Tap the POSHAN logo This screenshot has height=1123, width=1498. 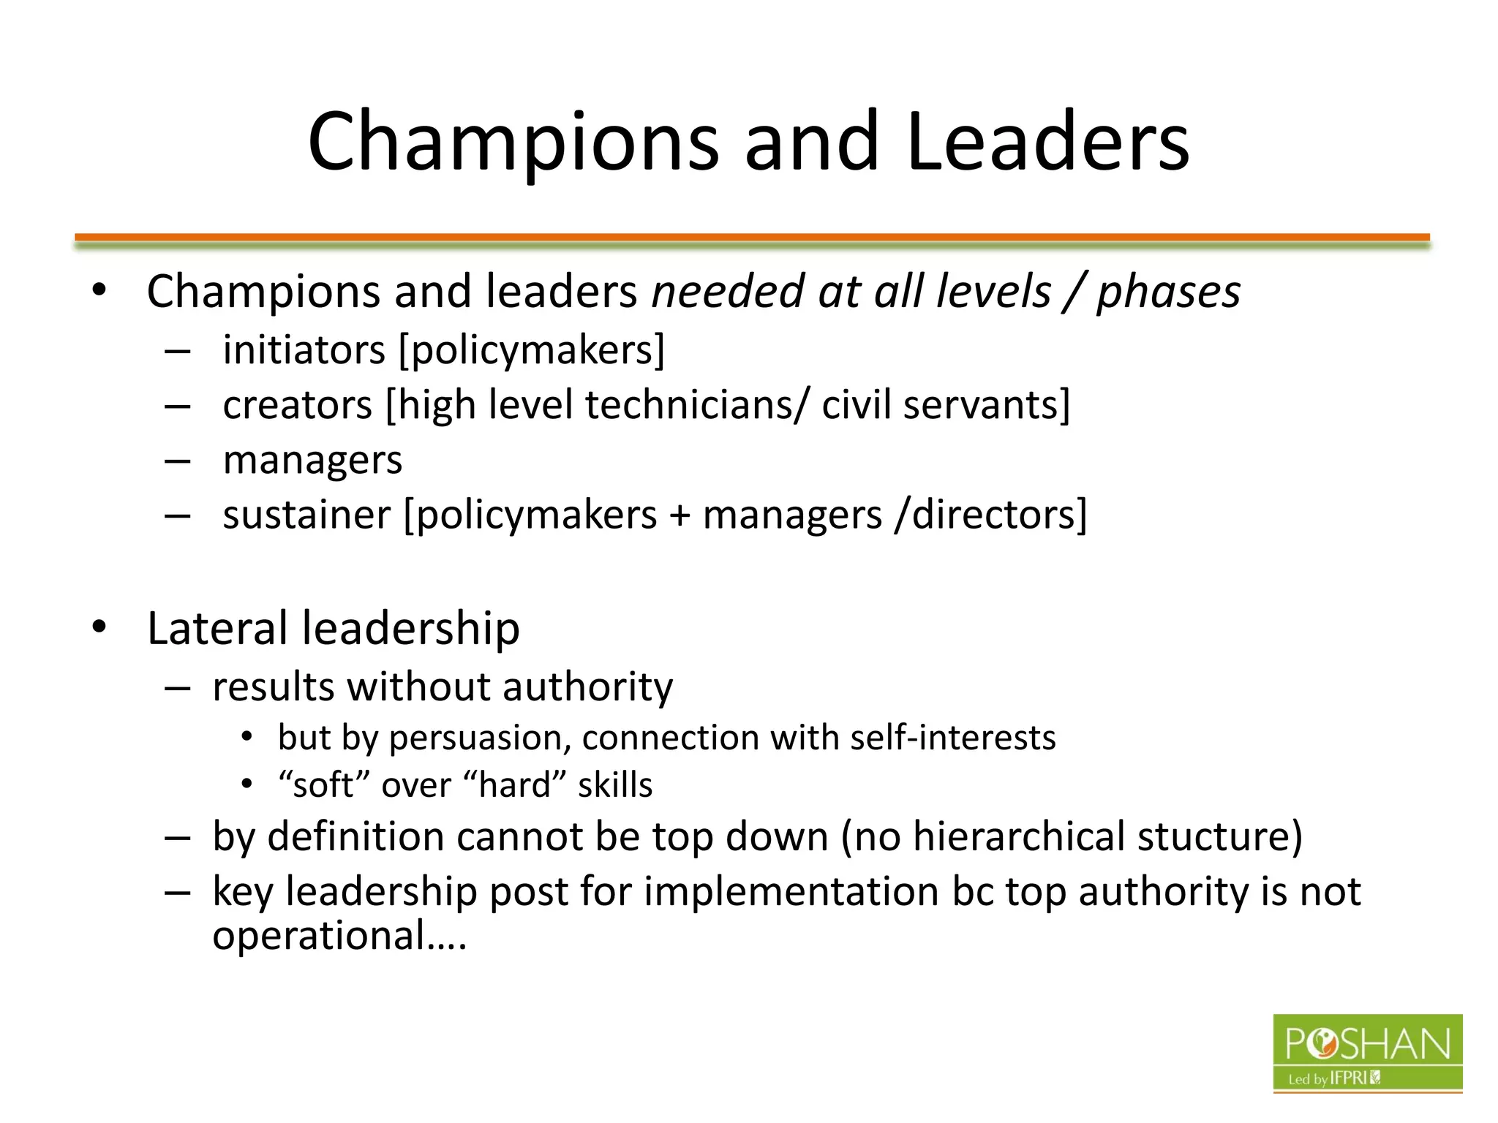[1367, 1053]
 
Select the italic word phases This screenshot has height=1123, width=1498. [1168, 292]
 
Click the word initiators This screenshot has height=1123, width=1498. [304, 349]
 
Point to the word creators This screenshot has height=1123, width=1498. [298, 405]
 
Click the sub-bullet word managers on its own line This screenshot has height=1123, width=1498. [312, 461]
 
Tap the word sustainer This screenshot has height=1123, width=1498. [306, 515]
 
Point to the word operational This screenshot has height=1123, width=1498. [320, 935]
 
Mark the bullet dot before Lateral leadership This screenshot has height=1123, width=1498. [99, 627]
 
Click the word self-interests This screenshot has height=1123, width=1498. [953, 738]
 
